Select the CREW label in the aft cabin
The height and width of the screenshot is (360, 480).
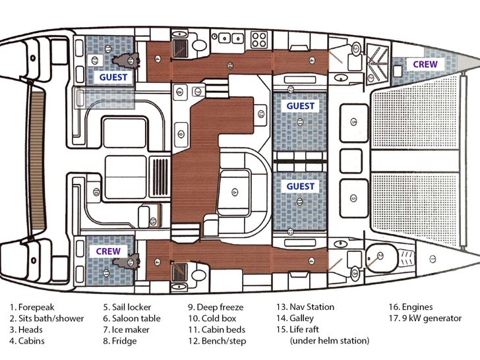tap(109, 251)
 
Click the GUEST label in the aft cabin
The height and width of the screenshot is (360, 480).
tap(114, 77)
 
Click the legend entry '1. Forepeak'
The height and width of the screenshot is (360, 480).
tap(32, 307)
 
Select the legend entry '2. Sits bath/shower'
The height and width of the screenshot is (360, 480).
tap(47, 318)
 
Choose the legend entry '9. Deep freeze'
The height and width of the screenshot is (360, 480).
tap(216, 307)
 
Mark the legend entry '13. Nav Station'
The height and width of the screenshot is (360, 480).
tap(305, 307)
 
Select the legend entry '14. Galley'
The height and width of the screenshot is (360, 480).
tap(295, 318)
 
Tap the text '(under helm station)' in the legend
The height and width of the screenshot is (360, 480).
tap(330, 341)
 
